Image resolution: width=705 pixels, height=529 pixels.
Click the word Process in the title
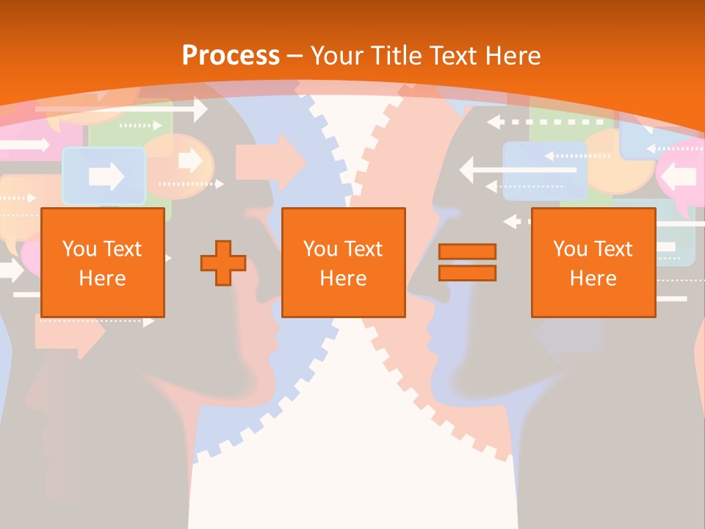[x=231, y=56]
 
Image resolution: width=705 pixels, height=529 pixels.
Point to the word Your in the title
[x=337, y=56]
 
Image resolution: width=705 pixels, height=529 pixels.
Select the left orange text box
[x=102, y=262]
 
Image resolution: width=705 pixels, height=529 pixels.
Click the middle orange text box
[x=343, y=262]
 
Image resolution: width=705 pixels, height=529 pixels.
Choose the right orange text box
[x=593, y=262]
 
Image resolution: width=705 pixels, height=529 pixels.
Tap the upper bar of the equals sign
[x=467, y=252]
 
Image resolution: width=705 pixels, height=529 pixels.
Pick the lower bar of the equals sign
[x=467, y=273]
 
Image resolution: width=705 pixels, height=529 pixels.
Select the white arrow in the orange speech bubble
[x=190, y=159]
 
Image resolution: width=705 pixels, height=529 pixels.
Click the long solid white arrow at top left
[x=121, y=109]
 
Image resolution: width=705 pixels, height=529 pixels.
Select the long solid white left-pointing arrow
[x=518, y=170]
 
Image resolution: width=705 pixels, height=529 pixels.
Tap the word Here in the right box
[x=593, y=278]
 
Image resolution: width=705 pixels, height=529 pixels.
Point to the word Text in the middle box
[x=362, y=249]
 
